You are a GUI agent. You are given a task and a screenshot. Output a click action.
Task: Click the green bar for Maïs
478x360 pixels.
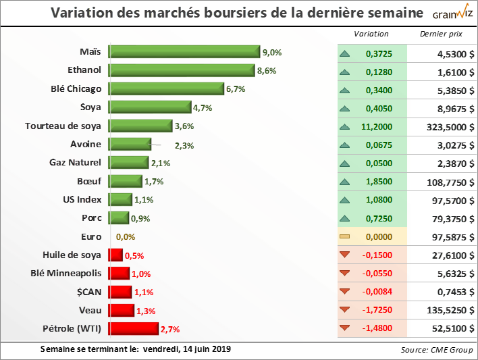184,52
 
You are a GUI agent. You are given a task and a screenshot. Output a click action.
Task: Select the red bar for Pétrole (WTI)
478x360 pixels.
134,328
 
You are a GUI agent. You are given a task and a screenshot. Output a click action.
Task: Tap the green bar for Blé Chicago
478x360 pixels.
166,89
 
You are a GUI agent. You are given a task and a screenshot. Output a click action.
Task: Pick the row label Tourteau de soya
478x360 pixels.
63,126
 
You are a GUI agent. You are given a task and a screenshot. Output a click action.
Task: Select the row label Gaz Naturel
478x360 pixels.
75,162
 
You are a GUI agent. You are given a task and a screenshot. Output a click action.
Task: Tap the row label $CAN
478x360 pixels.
88,291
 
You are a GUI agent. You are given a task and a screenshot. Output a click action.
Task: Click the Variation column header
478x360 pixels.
371,33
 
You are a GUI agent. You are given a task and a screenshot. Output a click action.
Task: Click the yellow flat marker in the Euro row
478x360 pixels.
345,236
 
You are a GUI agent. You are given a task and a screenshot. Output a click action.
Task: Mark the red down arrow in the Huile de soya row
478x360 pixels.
345,255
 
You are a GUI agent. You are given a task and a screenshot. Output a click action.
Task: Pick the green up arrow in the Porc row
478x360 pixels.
345,218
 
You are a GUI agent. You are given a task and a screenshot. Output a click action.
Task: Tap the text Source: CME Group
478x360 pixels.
435,350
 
